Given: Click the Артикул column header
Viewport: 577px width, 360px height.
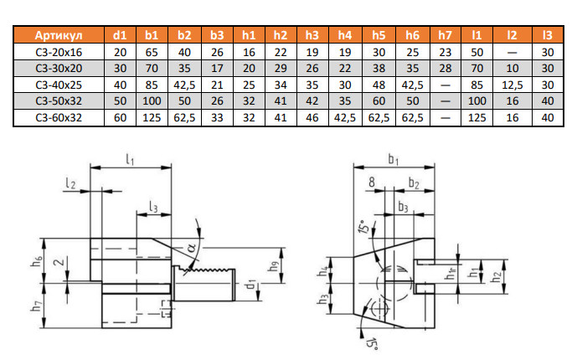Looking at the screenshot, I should (59, 35).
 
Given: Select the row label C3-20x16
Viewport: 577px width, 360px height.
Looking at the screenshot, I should (59, 52).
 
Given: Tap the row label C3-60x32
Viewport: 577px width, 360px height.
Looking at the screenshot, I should (59, 117).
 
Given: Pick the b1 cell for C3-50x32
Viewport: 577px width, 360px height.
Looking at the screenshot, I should (152, 101).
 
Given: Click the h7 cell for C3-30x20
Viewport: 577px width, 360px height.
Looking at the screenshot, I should (445, 69).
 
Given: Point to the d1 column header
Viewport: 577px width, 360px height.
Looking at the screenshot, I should (120, 35).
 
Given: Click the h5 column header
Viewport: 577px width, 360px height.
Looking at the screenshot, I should (379, 35).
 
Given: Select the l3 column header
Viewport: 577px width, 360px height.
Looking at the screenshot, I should (548, 35).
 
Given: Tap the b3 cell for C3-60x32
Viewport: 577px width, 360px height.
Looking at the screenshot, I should (217, 117).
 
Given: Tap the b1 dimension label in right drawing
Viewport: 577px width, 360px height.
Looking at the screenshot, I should (396, 158).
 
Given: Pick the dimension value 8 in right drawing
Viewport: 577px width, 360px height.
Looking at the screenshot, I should (369, 180).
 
